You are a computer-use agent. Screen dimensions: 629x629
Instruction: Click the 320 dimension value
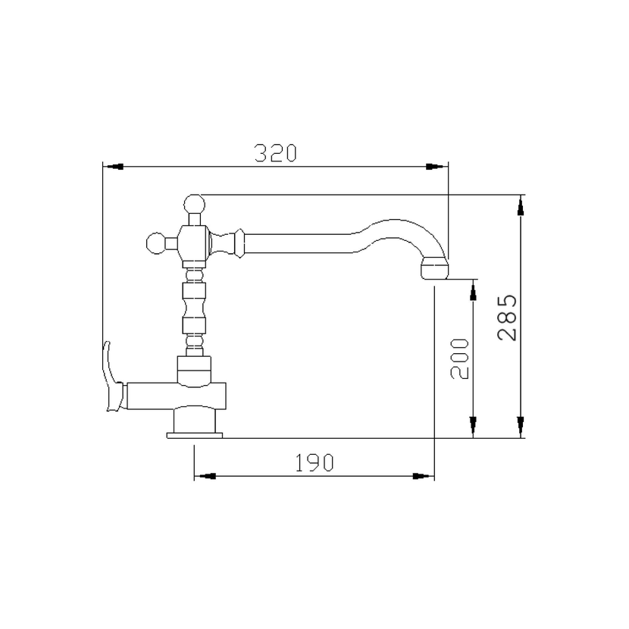[276, 153]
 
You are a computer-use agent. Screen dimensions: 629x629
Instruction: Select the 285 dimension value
[507, 318]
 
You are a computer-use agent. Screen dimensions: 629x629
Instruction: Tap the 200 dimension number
[459, 359]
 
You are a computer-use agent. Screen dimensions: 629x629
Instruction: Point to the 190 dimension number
[314, 463]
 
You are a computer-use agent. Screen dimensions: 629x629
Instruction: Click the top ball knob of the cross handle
[194, 205]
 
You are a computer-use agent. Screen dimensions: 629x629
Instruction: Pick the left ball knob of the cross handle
[156, 243]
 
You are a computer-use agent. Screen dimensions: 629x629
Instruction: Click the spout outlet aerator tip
[434, 268]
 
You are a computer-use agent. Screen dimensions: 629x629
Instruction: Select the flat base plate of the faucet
[195, 436]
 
